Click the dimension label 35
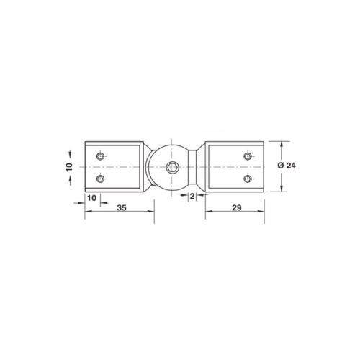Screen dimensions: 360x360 (122, 207)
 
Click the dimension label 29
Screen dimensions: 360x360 (237, 207)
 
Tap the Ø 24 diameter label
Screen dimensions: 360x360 (287, 166)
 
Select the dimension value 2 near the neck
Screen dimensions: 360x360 (192, 197)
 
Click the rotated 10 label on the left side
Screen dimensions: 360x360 (69, 167)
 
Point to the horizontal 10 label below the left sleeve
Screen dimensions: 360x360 (91, 198)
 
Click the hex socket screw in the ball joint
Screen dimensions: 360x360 (171, 167)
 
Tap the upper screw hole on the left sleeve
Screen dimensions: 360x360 (100, 156)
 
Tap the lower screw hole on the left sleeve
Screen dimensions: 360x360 (100, 179)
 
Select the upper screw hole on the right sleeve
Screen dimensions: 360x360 (248, 156)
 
